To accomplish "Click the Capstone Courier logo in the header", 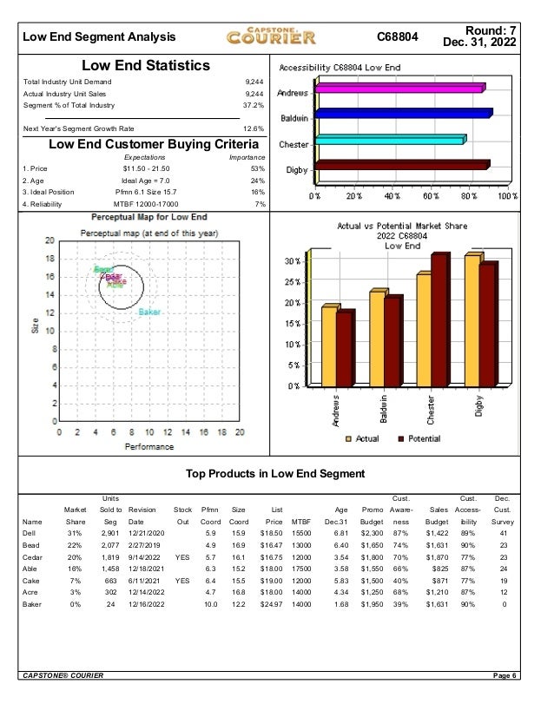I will [x=271, y=36].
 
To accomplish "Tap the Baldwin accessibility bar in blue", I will [x=405, y=114].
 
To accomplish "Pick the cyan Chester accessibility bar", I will [x=391, y=140].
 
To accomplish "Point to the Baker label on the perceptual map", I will [x=149, y=312].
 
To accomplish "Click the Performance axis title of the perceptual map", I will [x=148, y=447].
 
